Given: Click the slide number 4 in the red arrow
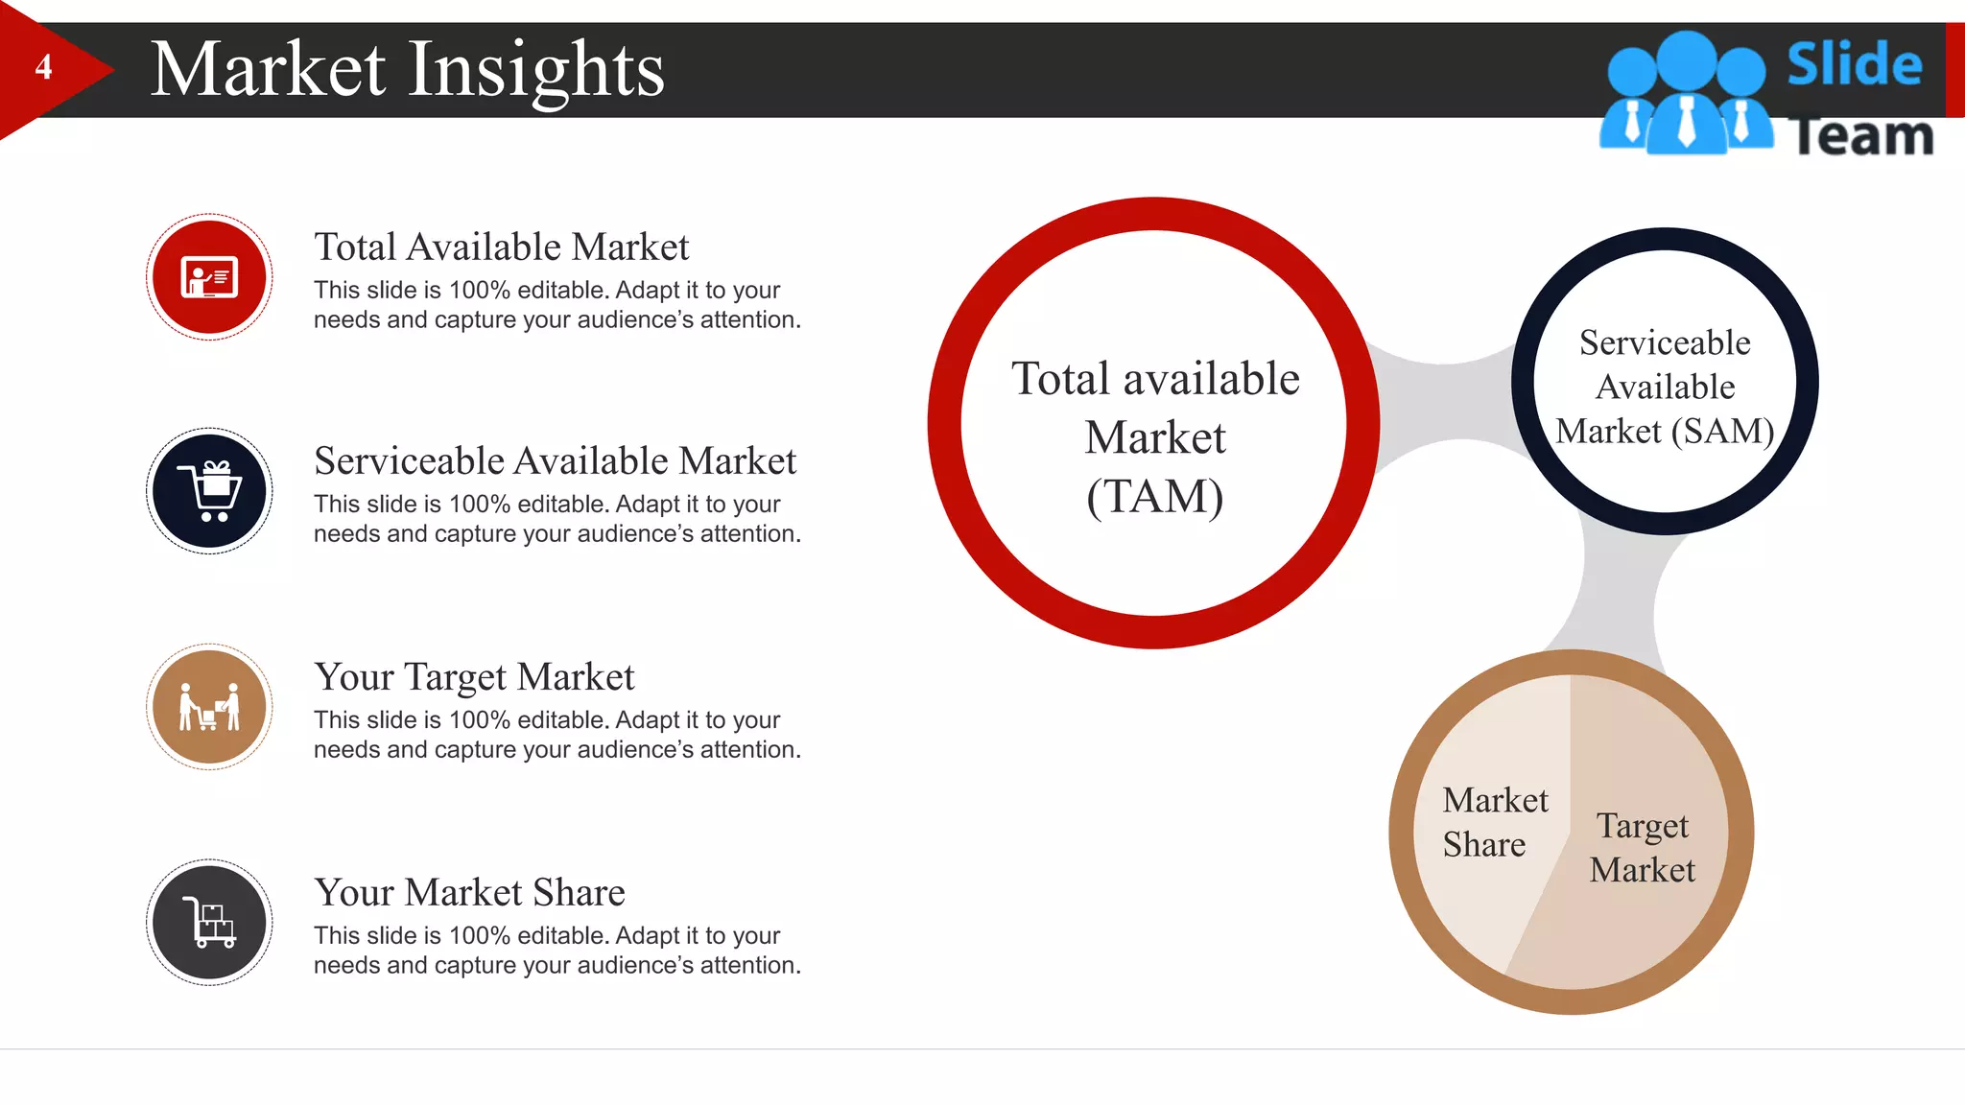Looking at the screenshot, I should click(x=43, y=67).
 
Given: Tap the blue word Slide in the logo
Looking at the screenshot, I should click(x=1854, y=64).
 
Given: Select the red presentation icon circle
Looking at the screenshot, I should click(x=209, y=277).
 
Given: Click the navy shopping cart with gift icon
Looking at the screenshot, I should click(x=209, y=491).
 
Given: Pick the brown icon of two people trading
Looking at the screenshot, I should click(x=209, y=707).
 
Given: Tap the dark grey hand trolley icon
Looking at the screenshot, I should click(x=209, y=923).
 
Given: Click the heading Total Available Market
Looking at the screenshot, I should click(x=501, y=247).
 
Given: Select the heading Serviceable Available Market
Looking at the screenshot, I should click(x=555, y=461).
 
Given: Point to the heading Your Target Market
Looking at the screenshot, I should click(x=474, y=677).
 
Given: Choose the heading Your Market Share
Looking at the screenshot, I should click(x=469, y=893).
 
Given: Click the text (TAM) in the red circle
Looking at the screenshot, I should click(x=1154, y=497).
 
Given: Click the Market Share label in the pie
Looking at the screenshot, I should click(x=1493, y=822).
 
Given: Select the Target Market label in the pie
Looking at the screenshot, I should click(x=1642, y=848).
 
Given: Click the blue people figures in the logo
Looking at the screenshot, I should click(x=1685, y=96).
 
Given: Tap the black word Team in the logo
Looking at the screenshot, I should click(x=1861, y=136).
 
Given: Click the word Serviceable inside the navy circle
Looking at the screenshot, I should click(x=1665, y=343).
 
